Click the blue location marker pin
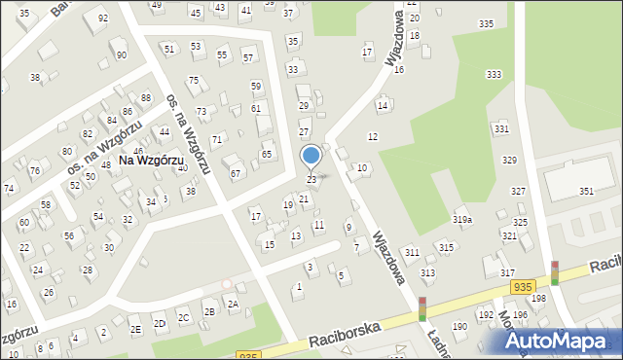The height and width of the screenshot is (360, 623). click(x=311, y=156)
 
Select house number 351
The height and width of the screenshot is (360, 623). click(x=586, y=192)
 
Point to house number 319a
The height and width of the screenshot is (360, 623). click(x=461, y=220)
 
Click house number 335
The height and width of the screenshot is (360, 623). click(x=486, y=23)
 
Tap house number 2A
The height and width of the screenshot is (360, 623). click(x=233, y=304)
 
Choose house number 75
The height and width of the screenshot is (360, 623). click(x=193, y=81)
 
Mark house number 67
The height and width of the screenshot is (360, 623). click(x=235, y=173)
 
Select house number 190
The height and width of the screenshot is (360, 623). click(x=459, y=326)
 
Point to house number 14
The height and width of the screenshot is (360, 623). click(x=383, y=105)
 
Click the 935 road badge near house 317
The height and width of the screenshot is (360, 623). click(x=523, y=287)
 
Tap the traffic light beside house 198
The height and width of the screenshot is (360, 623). click(x=555, y=273)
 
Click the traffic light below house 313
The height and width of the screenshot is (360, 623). click(x=422, y=309)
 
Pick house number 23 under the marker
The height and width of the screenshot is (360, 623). click(x=311, y=180)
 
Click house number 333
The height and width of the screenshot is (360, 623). click(x=494, y=75)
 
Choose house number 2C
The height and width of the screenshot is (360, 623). click(x=183, y=317)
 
